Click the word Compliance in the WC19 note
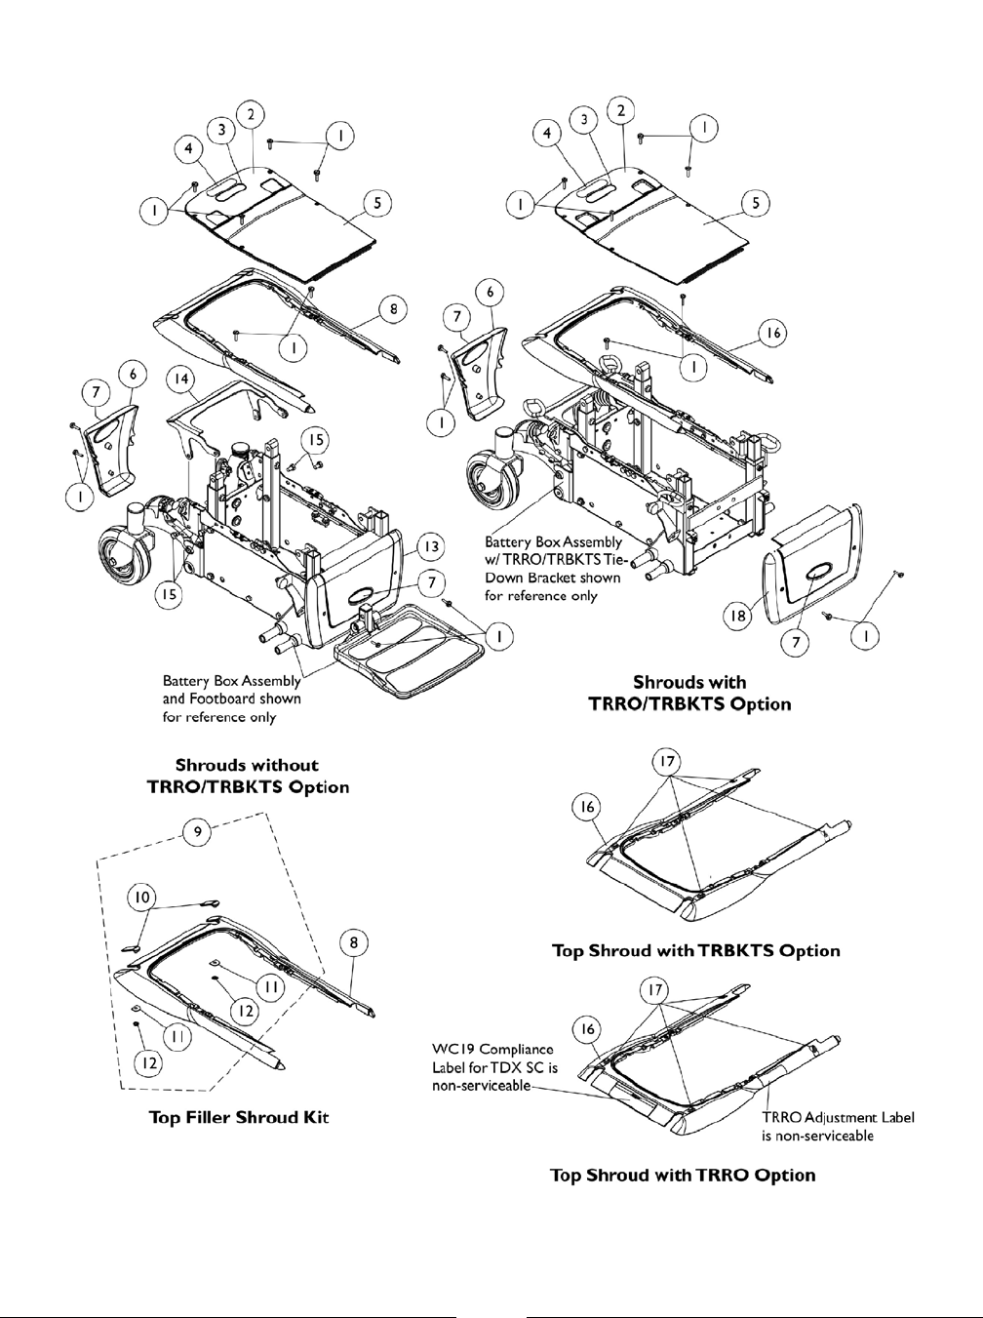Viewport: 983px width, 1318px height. (x=516, y=1050)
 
